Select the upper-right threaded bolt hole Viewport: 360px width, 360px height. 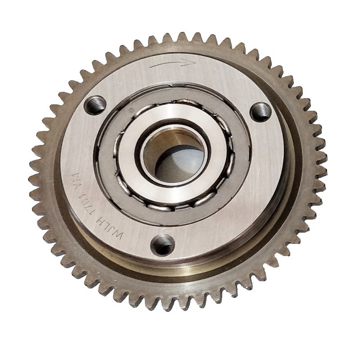261,111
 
